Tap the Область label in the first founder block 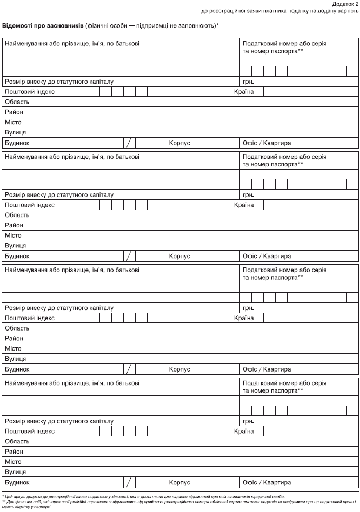coord(17,102)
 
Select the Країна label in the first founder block coord(244,92)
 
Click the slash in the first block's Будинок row coord(129,143)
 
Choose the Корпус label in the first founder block coord(180,143)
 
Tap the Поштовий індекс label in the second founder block coord(30,205)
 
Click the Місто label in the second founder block coord(13,235)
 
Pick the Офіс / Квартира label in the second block coord(267,256)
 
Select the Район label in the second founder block coord(15,225)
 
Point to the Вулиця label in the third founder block coord(16,359)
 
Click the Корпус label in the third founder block coord(180,369)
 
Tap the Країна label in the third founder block coord(244,318)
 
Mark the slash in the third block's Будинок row coord(129,369)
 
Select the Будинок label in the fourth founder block coord(17,482)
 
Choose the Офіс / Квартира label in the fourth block coord(267,482)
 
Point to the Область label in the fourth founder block coord(17,441)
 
